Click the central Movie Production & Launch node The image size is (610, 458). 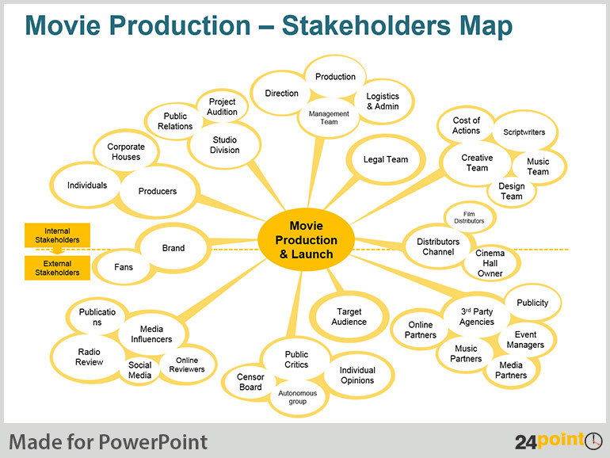coord(307,240)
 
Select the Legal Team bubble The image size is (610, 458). coord(386,159)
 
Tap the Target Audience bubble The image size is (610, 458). coord(349,316)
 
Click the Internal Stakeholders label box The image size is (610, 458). coord(57,235)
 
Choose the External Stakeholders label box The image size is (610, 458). coord(57,268)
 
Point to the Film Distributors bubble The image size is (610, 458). coord(470,216)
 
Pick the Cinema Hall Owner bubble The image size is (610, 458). coord(490,263)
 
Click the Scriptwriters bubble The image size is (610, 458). coord(524,132)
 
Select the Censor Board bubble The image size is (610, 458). coord(250,382)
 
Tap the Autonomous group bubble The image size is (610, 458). coord(297,397)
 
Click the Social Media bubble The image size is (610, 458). coord(139,370)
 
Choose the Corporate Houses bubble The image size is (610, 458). coord(125,151)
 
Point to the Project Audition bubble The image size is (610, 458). coord(222,107)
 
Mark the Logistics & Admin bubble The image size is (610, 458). coord(383,101)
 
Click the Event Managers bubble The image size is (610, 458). coord(524,339)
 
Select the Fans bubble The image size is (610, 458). coord(124,267)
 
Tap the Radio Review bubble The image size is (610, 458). coord(89,357)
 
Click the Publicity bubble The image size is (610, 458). coord(532,303)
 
